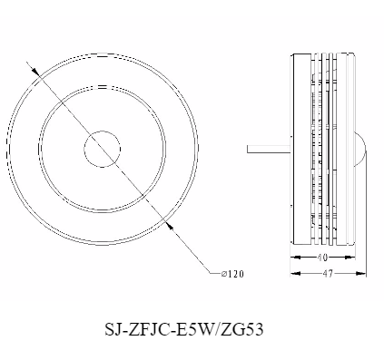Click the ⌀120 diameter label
(x=232, y=274)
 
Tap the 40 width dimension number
(x=322, y=258)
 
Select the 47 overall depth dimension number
(x=328, y=274)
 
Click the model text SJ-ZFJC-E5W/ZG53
(x=184, y=329)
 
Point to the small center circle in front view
(x=103, y=149)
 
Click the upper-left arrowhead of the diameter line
(x=34, y=71)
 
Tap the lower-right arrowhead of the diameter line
(x=170, y=225)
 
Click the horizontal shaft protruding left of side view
(x=269, y=149)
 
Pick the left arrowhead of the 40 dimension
(x=296, y=258)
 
